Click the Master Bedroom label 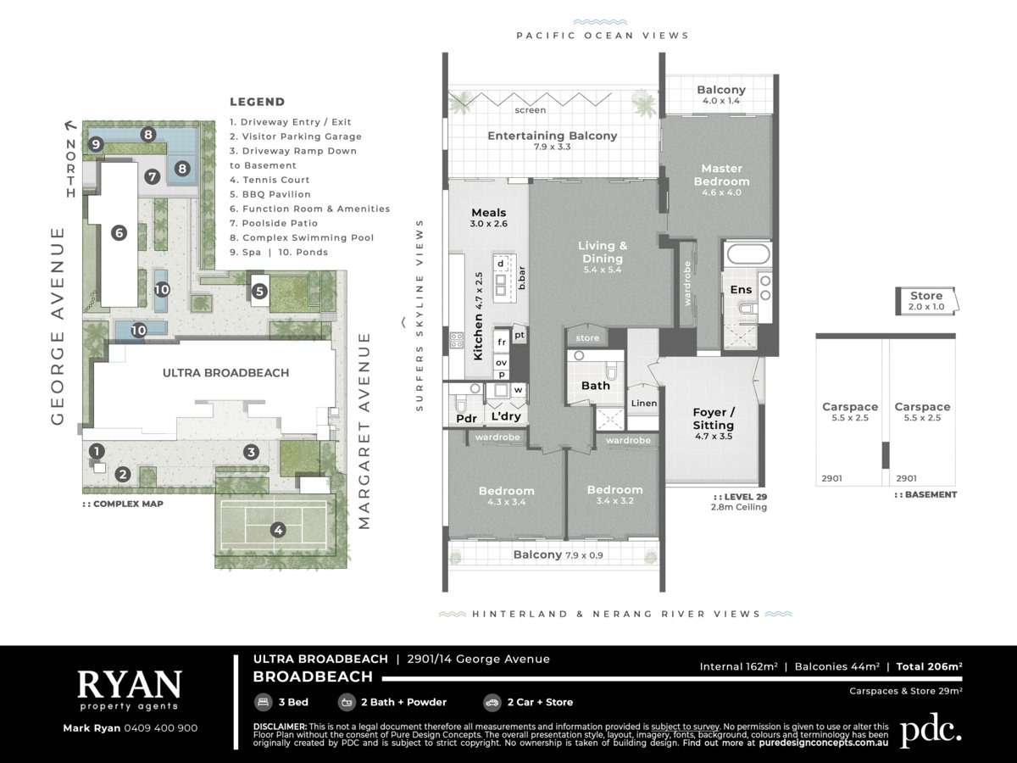tap(721, 175)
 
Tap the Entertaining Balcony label tap(553, 136)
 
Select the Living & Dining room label tap(603, 252)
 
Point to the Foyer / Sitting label tap(714, 419)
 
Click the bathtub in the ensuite tap(748, 253)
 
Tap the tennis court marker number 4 tap(278, 530)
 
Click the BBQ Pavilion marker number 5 tap(259, 292)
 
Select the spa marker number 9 tap(96, 144)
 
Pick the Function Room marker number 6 tap(119, 232)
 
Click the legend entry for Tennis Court tap(270, 180)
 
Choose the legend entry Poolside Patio tap(274, 223)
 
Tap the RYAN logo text tap(130, 684)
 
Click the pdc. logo tap(931, 731)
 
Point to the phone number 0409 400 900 tap(161, 728)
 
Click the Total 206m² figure tap(929, 666)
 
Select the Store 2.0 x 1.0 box tap(927, 301)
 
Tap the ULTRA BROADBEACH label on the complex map tap(225, 373)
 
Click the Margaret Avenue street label tap(364, 432)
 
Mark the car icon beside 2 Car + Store tap(492, 702)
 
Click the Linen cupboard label tap(644, 404)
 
